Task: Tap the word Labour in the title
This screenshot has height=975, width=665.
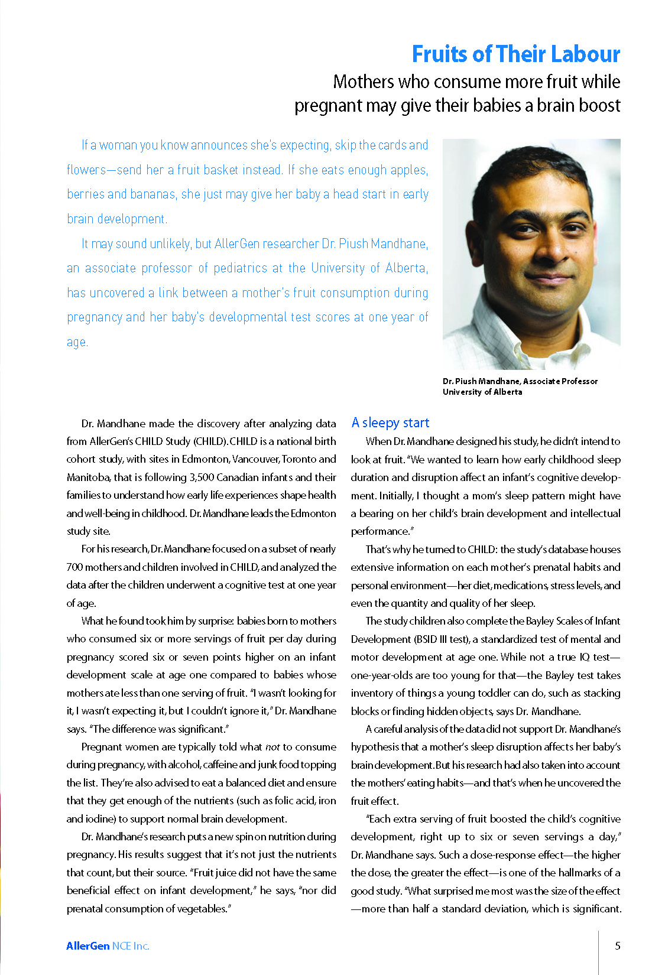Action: pos(588,54)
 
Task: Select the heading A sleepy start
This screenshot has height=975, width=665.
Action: pos(390,422)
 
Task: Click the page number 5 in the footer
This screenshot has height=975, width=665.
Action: pos(618,945)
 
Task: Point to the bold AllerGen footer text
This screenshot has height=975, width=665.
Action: pos(87,945)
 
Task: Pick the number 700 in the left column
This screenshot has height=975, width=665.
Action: pos(74,567)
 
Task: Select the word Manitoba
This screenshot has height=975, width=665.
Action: pos(88,477)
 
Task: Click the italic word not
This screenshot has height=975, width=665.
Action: pos(273,747)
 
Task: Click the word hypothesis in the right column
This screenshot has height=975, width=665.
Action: pos(376,747)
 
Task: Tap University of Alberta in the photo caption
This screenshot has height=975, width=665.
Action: pos(482,392)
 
